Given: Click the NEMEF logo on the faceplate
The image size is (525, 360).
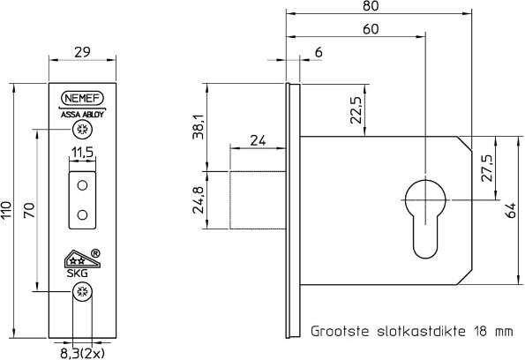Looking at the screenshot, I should click(82, 99).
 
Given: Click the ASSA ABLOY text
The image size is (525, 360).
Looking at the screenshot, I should click(82, 114).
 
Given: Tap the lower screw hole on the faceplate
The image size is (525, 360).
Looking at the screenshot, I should click(82, 293).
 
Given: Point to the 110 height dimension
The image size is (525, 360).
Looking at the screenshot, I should click(8, 210).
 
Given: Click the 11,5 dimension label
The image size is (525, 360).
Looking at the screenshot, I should click(82, 153).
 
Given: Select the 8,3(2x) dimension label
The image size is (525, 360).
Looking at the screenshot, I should click(82, 351).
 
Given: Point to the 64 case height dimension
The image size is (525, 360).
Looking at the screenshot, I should click(508, 210).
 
